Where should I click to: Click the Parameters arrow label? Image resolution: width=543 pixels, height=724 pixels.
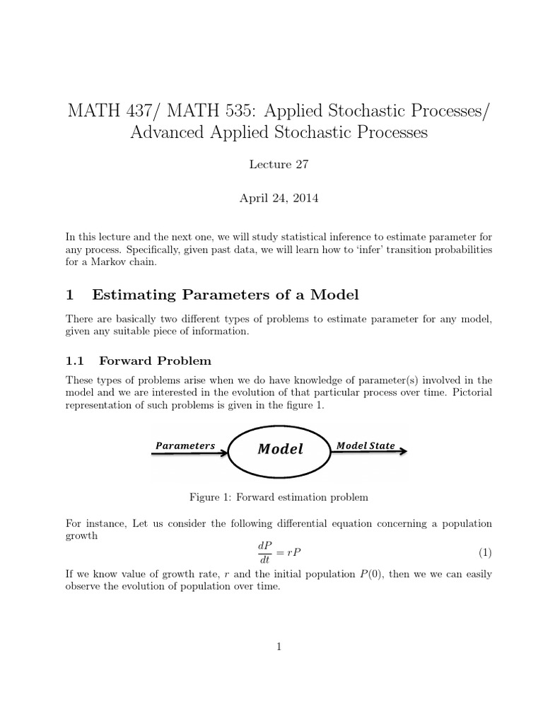pyautogui.click(x=185, y=445)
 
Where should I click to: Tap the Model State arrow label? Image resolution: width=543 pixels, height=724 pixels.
pyautogui.click(x=365, y=445)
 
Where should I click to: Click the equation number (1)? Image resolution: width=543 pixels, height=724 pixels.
pyautogui.click(x=484, y=552)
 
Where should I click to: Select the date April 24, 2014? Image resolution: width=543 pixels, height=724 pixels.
pyautogui.click(x=279, y=199)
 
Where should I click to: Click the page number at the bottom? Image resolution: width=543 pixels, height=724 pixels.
pyautogui.click(x=279, y=646)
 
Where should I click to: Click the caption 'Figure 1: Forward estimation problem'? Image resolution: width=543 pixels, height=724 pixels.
pyautogui.click(x=279, y=497)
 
